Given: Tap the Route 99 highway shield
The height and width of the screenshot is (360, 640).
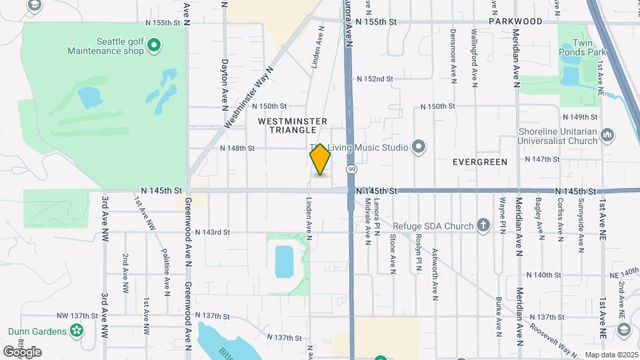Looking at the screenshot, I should [351, 170].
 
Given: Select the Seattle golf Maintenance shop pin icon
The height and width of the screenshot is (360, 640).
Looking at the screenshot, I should [154, 45].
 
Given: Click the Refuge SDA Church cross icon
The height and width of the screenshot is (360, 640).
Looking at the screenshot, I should [485, 226].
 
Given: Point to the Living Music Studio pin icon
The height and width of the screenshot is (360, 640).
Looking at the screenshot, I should [419, 146].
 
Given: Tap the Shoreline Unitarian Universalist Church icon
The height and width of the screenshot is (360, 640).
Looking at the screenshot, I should [607, 136].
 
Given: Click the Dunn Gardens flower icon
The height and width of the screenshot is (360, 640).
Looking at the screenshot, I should [77, 331].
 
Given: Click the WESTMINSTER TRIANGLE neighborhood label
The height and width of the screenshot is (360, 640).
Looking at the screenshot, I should [292, 125].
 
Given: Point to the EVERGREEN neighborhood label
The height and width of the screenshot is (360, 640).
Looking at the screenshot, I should [479, 162].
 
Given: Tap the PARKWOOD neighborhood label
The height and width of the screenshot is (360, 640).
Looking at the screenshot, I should [515, 21].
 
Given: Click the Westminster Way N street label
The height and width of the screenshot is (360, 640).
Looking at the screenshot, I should [249, 97].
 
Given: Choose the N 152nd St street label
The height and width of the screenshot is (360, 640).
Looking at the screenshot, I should [375, 79].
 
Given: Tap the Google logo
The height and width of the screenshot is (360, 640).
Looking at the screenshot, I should [22, 351].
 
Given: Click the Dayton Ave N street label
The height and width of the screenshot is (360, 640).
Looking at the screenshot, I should [224, 83].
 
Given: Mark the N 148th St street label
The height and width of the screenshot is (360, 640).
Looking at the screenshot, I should [237, 148].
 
